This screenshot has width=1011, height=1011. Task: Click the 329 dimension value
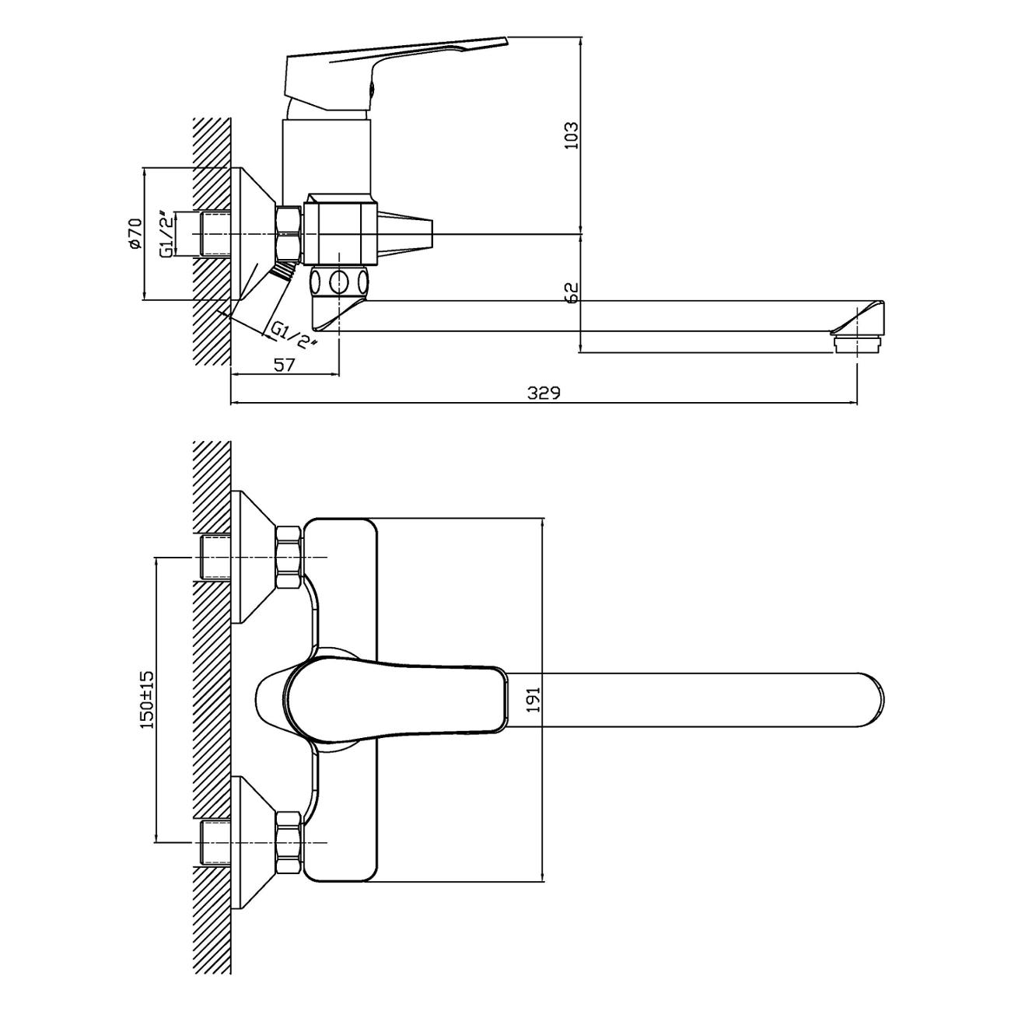(544, 393)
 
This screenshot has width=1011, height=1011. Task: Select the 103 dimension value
(572, 136)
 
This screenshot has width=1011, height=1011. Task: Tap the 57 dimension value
(284, 365)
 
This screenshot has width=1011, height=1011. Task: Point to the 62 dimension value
(572, 292)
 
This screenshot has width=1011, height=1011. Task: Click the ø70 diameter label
(135, 233)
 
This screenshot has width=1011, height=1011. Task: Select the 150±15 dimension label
(147, 699)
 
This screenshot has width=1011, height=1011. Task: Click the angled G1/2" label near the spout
(294, 335)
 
